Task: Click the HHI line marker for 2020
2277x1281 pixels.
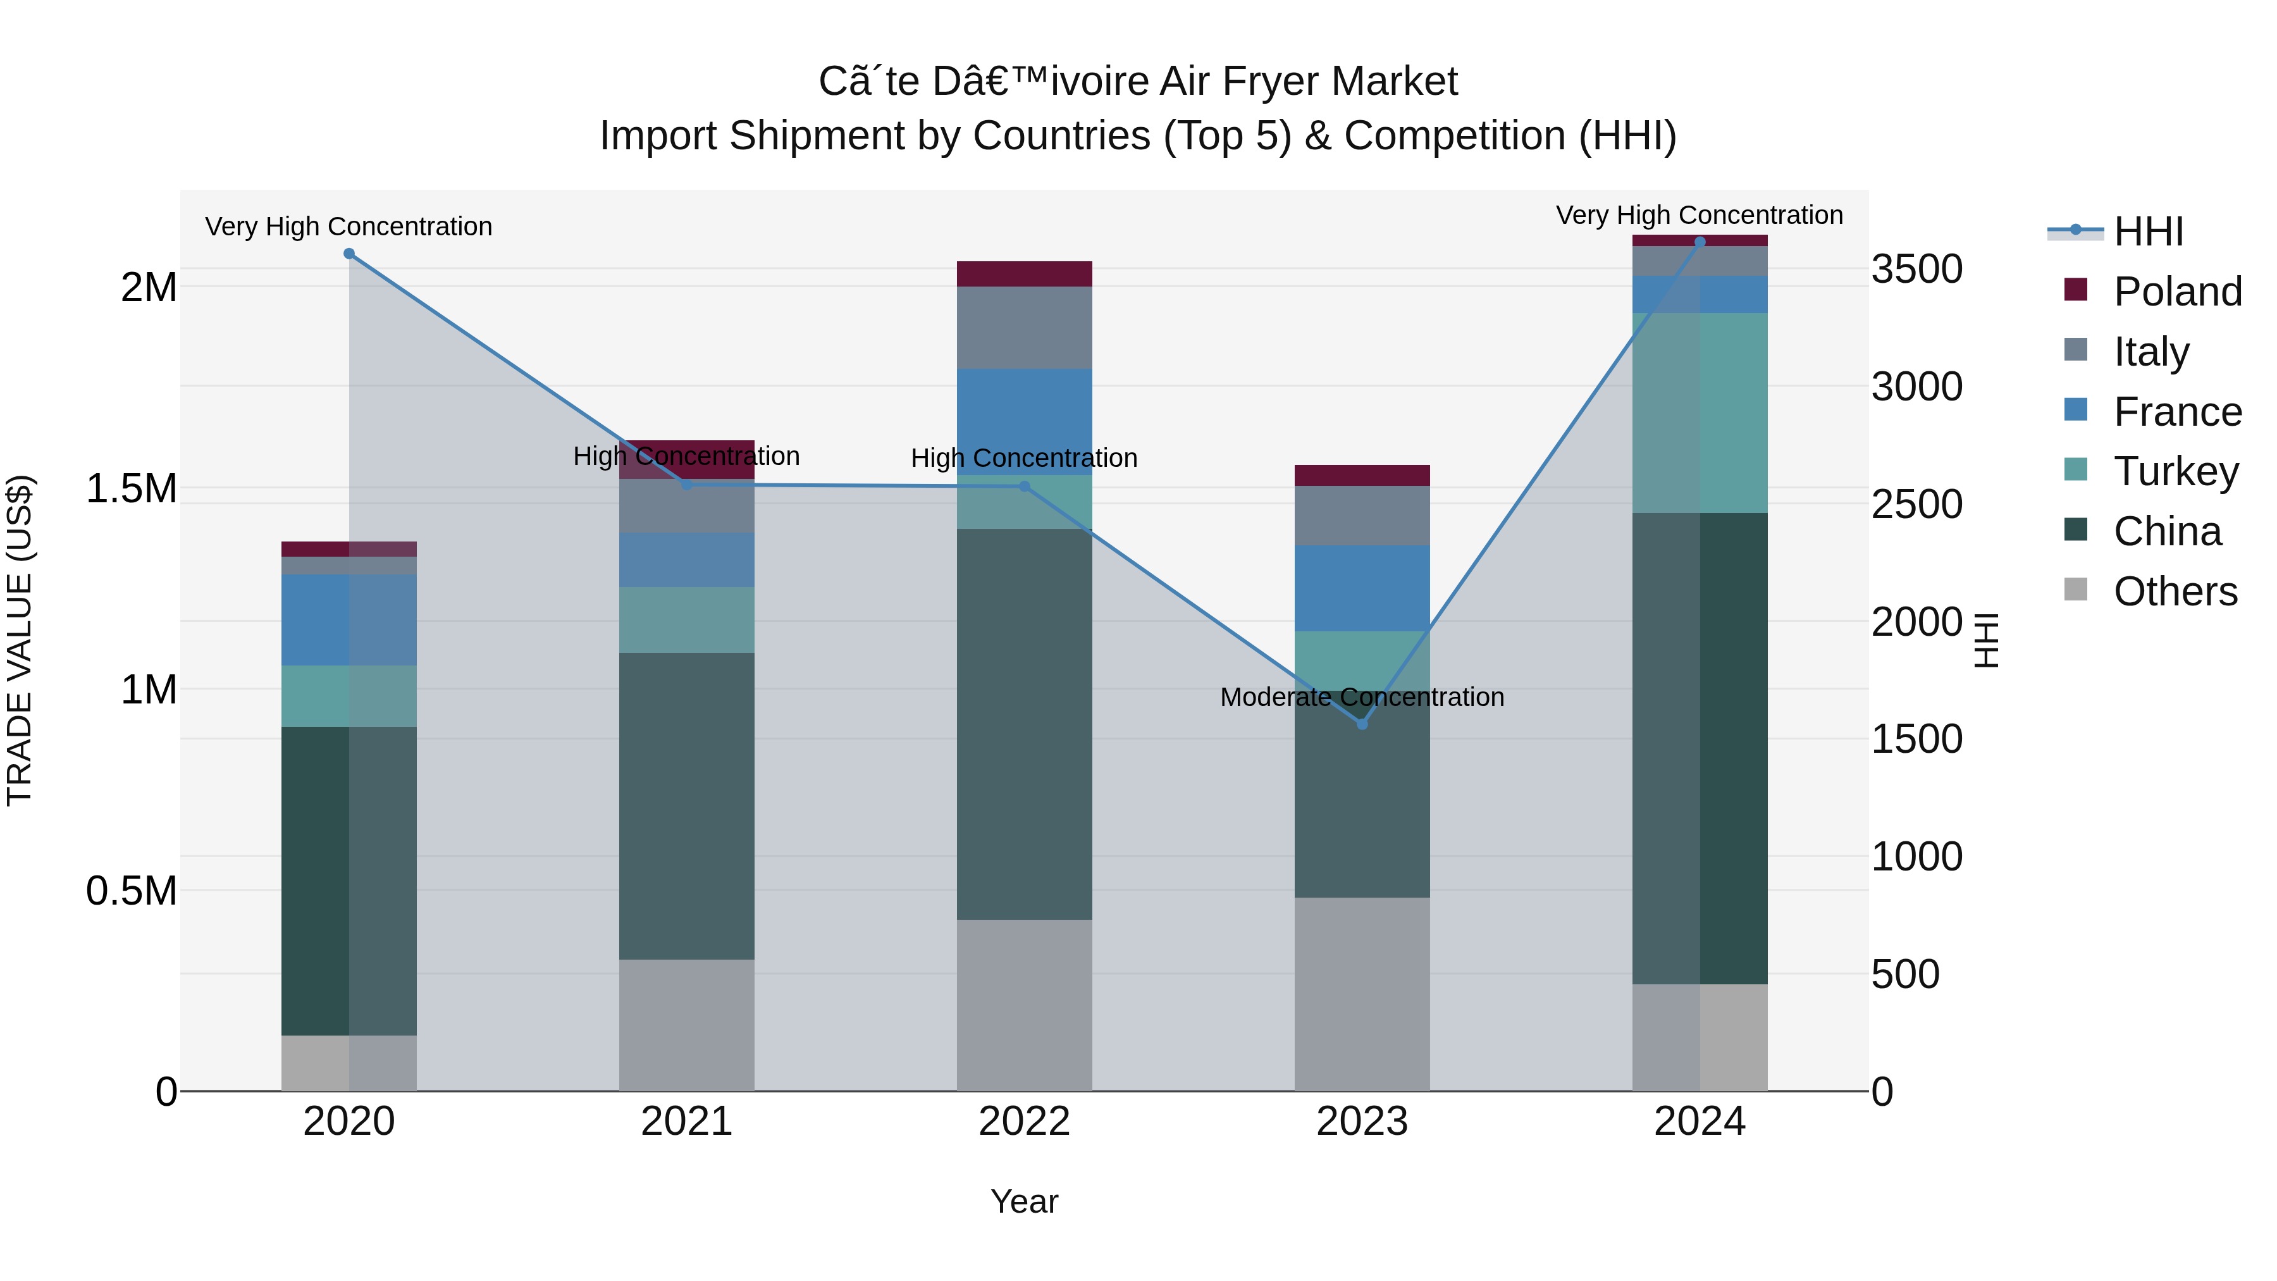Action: pos(349,254)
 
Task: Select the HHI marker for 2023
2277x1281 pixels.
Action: pos(1362,724)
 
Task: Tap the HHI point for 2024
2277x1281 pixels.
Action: pos(1700,242)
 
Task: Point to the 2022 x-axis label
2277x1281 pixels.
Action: pos(1025,1122)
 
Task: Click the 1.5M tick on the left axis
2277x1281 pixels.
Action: pos(132,488)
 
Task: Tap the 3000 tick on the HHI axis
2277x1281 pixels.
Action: pos(1917,387)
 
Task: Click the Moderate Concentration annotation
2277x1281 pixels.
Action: pos(1362,698)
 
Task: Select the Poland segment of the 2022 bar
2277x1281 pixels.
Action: pos(1025,274)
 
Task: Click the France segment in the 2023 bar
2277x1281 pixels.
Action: pos(1362,589)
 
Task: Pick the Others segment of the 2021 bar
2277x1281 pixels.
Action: pos(687,1025)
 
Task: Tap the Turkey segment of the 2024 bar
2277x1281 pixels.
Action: pos(1700,413)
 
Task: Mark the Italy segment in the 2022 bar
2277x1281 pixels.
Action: pos(1025,328)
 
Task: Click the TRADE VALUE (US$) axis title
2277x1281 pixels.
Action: pos(20,640)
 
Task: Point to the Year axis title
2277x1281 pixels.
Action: pos(1025,1201)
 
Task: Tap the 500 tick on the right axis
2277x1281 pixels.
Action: pos(1906,974)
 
